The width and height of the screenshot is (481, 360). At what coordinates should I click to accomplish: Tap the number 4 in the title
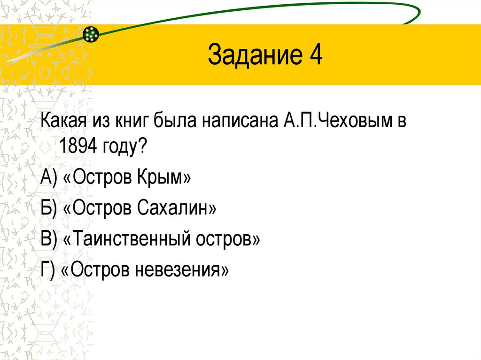[315, 55]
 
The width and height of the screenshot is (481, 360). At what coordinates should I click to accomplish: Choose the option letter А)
[48, 179]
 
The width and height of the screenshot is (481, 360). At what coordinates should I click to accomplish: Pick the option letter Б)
[48, 209]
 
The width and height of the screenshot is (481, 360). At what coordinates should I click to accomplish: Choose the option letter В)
[48, 239]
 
